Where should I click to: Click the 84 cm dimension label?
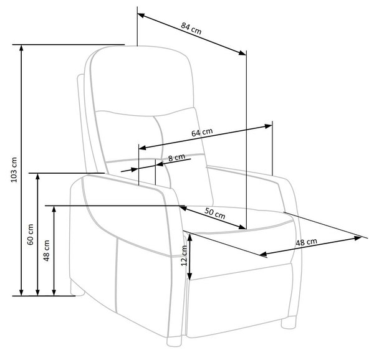pyautogui.click(x=191, y=28)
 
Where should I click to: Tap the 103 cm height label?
pyautogui.click(x=14, y=169)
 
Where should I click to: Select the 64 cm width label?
pyautogui.click(x=202, y=132)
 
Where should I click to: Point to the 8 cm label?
pyautogui.click(x=176, y=158)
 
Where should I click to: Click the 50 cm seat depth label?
pyautogui.click(x=214, y=213)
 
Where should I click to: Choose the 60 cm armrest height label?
pyautogui.click(x=31, y=234)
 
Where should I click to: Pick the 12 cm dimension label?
pyautogui.click(x=184, y=255)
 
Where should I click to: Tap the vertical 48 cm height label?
pyautogui.click(x=47, y=250)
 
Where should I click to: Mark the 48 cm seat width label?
pyautogui.click(x=307, y=242)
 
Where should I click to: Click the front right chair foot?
pyautogui.click(x=289, y=323)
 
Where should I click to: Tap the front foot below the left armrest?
pyautogui.click(x=174, y=341)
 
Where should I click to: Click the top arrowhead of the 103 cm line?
pyautogui.click(x=21, y=48)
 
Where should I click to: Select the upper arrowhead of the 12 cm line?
pyautogui.click(x=189, y=237)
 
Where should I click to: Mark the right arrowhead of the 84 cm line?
pyautogui.click(x=242, y=53)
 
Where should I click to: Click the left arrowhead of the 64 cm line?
pyautogui.click(x=142, y=148)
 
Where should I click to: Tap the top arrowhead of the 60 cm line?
pyautogui.click(x=37, y=177)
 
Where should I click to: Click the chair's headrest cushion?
pyautogui.click(x=142, y=81)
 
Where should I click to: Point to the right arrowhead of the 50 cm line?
pyautogui.click(x=242, y=227)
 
